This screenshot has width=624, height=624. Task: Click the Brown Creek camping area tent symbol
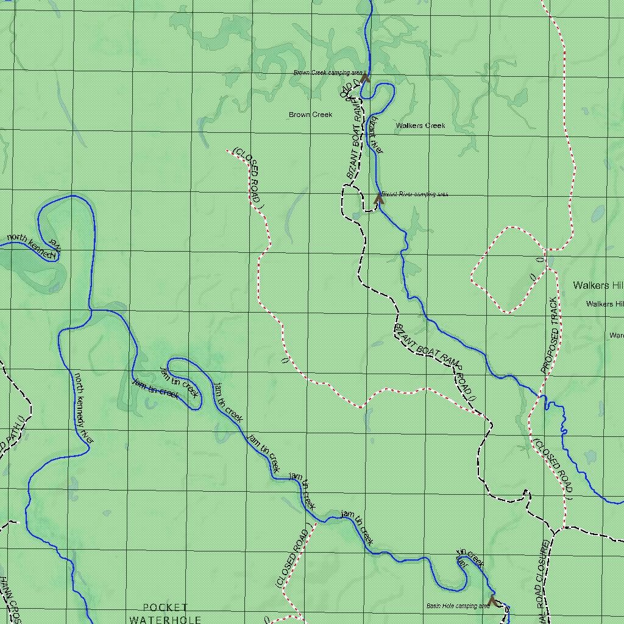(x=365, y=77)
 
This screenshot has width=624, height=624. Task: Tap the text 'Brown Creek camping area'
(x=328, y=73)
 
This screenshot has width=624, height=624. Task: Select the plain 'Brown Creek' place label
(x=310, y=115)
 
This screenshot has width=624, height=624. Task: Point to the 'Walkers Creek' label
(x=420, y=126)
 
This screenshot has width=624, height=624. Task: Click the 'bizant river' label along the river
(x=375, y=135)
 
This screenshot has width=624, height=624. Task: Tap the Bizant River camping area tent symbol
(x=379, y=198)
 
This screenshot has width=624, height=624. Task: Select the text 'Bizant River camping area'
(x=415, y=194)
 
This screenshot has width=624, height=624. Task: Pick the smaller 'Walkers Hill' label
(x=604, y=303)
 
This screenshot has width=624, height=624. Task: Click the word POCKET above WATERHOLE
(x=165, y=608)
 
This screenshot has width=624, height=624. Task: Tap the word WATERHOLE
(x=165, y=619)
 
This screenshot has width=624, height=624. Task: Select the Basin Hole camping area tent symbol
(x=492, y=600)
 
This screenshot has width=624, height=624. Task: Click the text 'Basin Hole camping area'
(x=458, y=606)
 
